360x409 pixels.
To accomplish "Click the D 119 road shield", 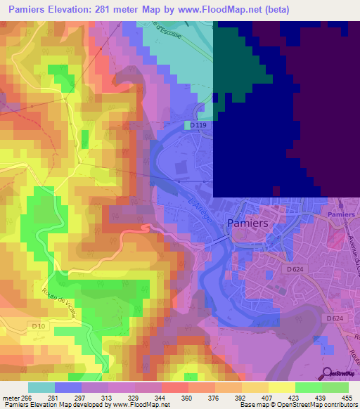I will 196,125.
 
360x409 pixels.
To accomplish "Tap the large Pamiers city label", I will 248,223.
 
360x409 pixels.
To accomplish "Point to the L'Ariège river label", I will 203,210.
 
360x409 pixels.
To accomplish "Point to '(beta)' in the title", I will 274,10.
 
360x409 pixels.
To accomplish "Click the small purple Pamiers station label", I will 341,214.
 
